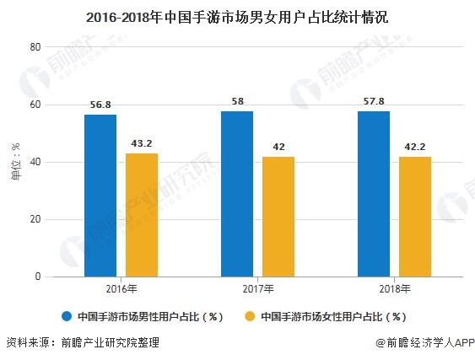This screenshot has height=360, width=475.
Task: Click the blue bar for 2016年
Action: pyautogui.click(x=100, y=196)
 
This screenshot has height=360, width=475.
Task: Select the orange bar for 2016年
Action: pyautogui.click(x=141, y=215)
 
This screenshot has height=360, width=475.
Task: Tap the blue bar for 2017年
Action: pyautogui.click(x=237, y=194)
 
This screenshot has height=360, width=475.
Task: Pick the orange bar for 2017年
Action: pyautogui.click(x=278, y=217)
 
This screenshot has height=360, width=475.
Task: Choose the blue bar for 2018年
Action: pyautogui.click(x=374, y=194)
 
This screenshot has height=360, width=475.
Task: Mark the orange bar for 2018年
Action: pyautogui.click(x=414, y=217)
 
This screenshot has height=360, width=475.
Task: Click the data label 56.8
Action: pyautogui.click(x=100, y=105)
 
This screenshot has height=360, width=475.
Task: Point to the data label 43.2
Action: pyautogui.click(x=141, y=143)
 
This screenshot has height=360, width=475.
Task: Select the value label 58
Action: pyautogui.click(x=237, y=101)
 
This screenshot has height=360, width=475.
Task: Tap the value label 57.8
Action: pyautogui.click(x=374, y=101)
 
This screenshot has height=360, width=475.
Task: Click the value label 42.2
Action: pyautogui.click(x=414, y=147)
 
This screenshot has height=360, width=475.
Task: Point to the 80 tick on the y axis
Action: pyautogui.click(x=35, y=47)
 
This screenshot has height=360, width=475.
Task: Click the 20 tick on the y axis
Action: pyautogui.click(x=35, y=219)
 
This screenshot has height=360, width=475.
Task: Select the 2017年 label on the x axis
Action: pyautogui.click(x=257, y=289)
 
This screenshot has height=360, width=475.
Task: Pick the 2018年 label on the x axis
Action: pyautogui.click(x=394, y=289)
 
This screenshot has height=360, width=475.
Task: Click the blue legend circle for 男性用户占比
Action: pyautogui.click(x=66, y=317)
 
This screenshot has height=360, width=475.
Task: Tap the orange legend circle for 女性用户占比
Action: pyautogui.click(x=251, y=317)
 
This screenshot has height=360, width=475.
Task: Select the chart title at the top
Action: pyautogui.click(x=237, y=16)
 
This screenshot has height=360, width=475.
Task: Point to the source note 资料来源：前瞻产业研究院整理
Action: pyautogui.click(x=82, y=343)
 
